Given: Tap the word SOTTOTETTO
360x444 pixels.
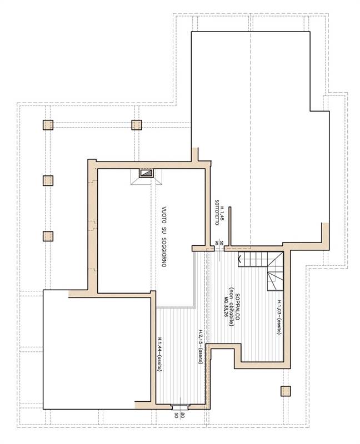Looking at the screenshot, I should tap(217, 213).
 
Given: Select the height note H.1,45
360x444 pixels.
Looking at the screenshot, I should tap(222, 214).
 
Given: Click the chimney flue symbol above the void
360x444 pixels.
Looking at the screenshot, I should tap(146, 174).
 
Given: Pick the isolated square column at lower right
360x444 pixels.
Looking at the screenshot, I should tap(286, 390).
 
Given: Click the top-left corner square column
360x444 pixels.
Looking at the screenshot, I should tap(48, 125).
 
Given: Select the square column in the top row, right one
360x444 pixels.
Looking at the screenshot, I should tap(137, 125).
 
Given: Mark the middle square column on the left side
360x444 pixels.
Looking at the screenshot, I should tap(48, 180).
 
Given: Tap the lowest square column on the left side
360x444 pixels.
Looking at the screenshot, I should tap(48, 236).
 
